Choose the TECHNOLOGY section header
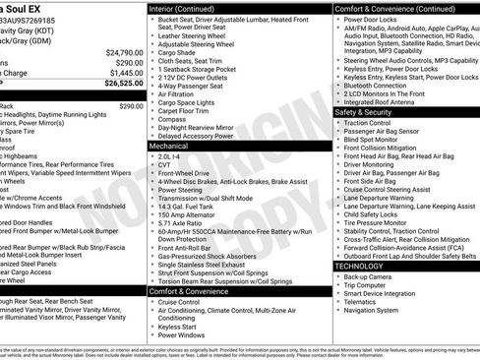tap(360, 267)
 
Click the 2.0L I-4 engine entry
tap(170, 155)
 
